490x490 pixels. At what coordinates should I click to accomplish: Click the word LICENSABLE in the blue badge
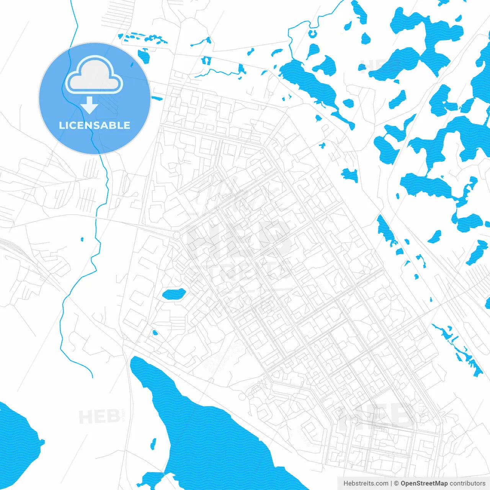coord(95,125)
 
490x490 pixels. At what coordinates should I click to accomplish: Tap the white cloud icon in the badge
coord(94,75)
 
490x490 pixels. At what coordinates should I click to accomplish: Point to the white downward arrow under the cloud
coord(90,105)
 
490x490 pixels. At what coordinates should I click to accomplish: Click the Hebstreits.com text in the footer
coord(366,483)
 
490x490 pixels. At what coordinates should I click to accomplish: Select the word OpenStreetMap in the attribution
coord(424,483)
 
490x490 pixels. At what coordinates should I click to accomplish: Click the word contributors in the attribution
coord(467,483)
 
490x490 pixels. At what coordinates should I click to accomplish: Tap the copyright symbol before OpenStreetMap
coord(397,483)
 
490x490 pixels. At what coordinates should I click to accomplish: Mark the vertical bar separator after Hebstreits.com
coord(391,483)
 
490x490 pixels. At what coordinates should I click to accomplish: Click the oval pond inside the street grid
coord(174,294)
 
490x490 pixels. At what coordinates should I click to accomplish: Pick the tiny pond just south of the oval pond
coord(155,333)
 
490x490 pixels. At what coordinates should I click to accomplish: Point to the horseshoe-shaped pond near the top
coord(313,34)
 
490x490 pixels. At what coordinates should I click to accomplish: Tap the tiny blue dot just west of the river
coord(82,240)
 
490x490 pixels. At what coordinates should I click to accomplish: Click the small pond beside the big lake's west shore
coord(153,444)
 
